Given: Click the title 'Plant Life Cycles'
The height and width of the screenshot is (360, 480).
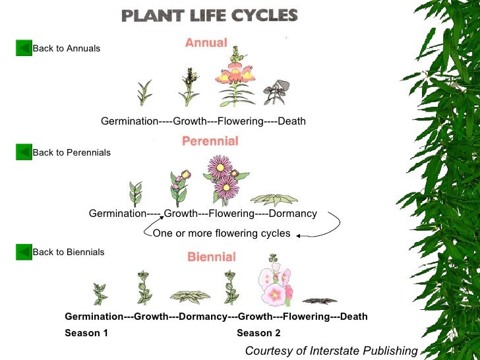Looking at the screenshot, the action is [210, 15].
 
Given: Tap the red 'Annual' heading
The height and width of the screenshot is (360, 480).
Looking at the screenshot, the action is [206, 43].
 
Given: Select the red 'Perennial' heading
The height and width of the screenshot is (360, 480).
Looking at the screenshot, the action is [210, 140].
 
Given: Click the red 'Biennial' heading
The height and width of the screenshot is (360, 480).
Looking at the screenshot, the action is [212, 256].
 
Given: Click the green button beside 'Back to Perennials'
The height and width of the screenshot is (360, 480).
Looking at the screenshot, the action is [24, 152].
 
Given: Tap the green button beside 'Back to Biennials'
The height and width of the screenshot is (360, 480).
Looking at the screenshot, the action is [24, 252].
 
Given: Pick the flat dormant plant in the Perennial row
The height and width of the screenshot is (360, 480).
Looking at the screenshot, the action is [274, 199].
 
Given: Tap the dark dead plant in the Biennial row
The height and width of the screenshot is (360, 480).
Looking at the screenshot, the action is [320, 301].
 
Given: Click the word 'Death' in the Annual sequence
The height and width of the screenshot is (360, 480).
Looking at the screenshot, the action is [291, 121].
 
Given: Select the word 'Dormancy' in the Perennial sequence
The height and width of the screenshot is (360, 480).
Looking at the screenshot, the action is [293, 214].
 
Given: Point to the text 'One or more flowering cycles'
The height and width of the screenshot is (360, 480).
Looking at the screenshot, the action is [222, 233].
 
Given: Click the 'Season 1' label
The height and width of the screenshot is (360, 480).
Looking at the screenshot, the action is [86, 333].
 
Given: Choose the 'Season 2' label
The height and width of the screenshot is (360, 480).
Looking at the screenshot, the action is [258, 333].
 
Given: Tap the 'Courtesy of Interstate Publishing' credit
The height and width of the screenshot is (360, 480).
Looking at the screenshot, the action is [331, 351].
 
